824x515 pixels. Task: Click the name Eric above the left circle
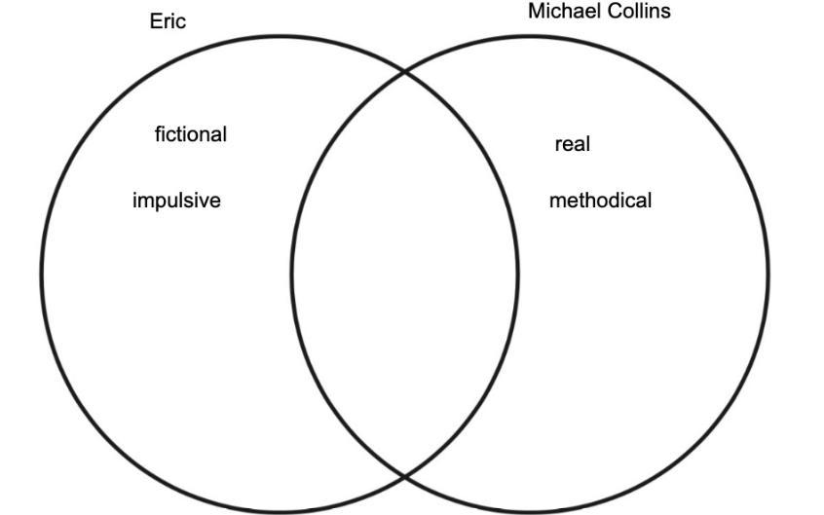168,20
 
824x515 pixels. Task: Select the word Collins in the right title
638,12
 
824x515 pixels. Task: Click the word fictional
191,134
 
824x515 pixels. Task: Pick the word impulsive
176,201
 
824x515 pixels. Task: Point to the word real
573,144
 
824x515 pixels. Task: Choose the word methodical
600,201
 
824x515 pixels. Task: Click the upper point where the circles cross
405,72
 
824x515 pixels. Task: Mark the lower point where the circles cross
405,475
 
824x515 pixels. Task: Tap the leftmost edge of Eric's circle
41,274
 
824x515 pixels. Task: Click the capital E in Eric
155,20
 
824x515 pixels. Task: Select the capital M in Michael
535,12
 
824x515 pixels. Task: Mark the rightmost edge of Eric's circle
518,274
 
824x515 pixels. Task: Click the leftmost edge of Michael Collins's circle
292,274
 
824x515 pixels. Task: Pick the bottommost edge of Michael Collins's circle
530,511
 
